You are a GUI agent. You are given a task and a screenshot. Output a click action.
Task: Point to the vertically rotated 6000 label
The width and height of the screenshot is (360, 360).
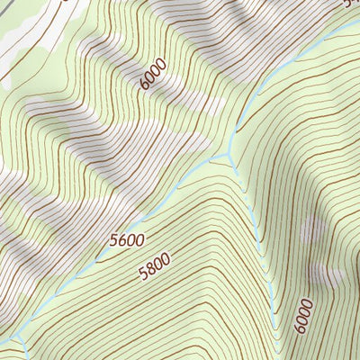click(x=301, y=316)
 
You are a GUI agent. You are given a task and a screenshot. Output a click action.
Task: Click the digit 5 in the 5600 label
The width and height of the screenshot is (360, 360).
click(x=113, y=241)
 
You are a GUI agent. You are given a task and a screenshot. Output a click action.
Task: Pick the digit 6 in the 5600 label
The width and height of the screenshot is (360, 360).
click(x=121, y=240)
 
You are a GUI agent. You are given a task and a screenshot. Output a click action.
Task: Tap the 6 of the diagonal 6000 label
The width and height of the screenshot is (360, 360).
click(x=145, y=86)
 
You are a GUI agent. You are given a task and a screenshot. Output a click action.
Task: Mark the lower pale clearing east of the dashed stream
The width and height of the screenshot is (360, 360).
click(x=326, y=274)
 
